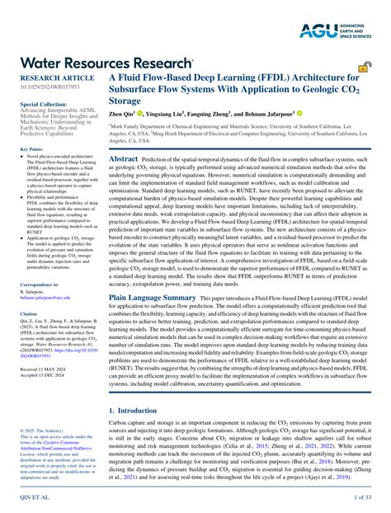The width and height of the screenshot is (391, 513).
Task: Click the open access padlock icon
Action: pyautogui.click(x=362, y=69)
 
